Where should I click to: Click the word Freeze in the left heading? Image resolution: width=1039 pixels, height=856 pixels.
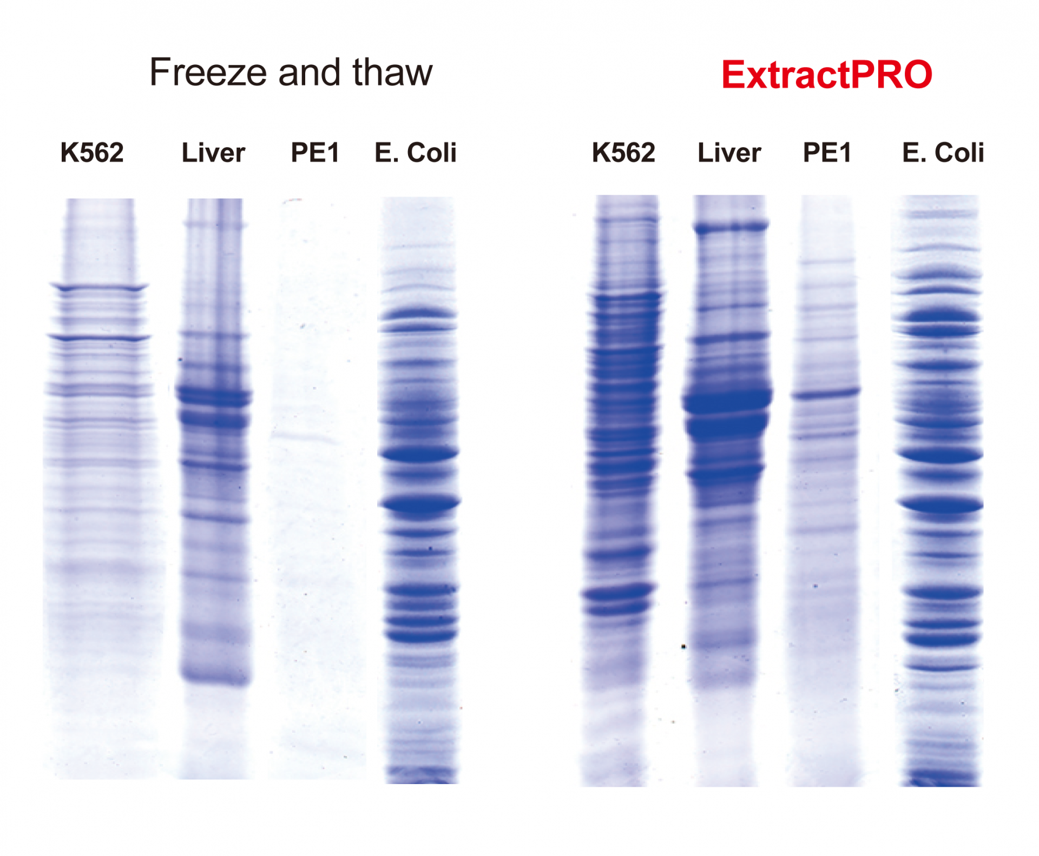coord(208,72)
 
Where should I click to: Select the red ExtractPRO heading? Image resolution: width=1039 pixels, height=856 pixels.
coord(827,75)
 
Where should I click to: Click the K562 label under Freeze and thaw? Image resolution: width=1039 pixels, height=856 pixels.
coord(92,152)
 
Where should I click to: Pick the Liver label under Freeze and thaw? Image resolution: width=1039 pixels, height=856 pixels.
coord(213,152)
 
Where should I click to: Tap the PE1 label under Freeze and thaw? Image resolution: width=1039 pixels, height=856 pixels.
coord(315,152)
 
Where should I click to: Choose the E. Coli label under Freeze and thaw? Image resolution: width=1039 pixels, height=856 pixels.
coord(416,152)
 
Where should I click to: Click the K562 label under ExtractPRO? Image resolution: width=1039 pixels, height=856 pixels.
coord(623,152)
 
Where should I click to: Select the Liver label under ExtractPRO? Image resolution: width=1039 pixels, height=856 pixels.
coord(729,152)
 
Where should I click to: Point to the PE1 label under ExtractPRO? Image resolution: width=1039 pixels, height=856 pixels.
coord(827,152)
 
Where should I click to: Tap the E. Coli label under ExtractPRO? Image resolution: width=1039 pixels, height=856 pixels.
coord(943,152)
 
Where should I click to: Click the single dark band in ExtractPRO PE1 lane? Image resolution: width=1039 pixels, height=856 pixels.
coord(826,393)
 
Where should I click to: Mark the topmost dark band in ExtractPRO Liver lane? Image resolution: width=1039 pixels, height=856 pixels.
coord(731,227)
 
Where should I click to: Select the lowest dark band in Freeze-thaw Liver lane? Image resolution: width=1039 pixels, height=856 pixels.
coord(215,676)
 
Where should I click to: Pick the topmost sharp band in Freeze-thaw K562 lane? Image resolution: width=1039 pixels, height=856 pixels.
coord(99,288)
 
